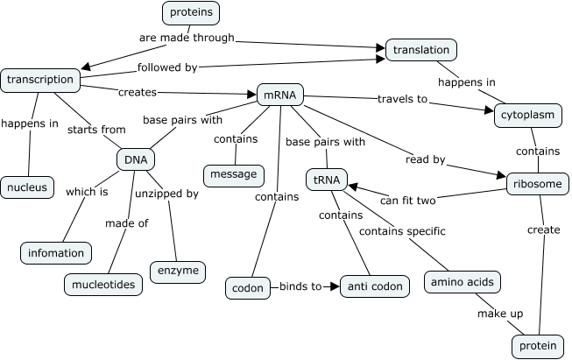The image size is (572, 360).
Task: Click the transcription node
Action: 39,80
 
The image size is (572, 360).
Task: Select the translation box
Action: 421,51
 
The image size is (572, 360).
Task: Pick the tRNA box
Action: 326,180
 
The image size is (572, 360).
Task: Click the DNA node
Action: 136,159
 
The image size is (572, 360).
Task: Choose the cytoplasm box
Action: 526,115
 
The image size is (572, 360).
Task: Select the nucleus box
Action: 27,187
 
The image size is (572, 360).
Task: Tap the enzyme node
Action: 178,272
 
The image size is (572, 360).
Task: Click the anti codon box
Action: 374,286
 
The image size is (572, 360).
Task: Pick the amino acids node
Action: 462,282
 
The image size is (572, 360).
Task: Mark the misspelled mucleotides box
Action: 103,285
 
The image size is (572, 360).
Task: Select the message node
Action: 234,174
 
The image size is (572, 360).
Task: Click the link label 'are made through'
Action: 187,39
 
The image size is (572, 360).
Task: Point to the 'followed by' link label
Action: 167,67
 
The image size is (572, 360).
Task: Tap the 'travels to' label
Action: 402,99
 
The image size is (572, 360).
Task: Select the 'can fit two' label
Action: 407,201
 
